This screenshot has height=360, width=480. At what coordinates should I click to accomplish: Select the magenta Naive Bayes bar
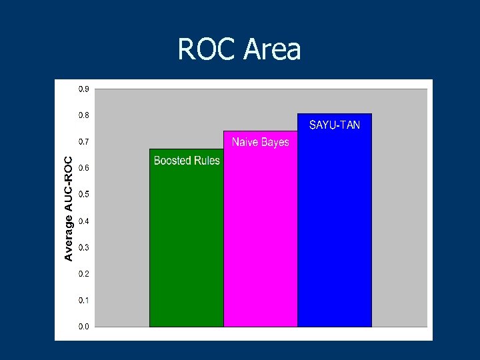tap(260, 233)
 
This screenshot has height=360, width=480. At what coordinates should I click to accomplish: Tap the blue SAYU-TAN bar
tap(334, 227)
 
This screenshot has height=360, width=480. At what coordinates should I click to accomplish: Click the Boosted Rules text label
tap(187, 161)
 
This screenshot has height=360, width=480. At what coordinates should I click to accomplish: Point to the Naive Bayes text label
tap(261, 142)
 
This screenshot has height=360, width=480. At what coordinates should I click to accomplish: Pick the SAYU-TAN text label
tap(335, 125)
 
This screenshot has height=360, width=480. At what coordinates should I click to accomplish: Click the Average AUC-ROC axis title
tap(68, 208)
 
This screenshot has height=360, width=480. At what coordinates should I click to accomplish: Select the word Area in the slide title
tap(273, 49)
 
